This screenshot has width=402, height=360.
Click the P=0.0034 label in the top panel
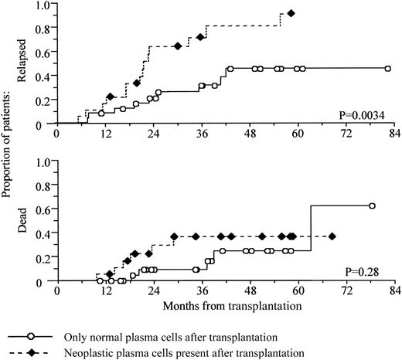(364, 115)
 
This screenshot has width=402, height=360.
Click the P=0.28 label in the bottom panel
(370, 272)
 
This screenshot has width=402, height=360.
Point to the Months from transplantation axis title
(221, 305)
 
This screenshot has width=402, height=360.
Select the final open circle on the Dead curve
(372, 206)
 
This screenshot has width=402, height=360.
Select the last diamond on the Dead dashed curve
(332, 236)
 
